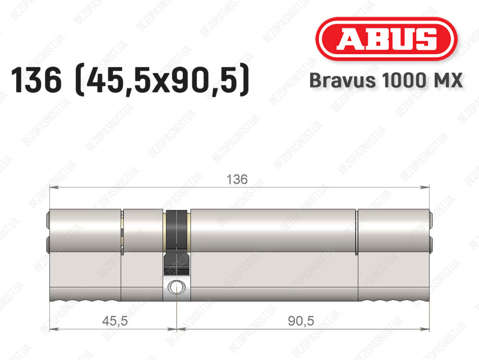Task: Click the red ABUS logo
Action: coord(386,39)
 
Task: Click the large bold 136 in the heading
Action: coord(36,80)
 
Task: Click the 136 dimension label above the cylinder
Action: coord(237,179)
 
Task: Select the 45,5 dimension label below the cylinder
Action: coord(115,321)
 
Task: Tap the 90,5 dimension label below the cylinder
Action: coord(301,321)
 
